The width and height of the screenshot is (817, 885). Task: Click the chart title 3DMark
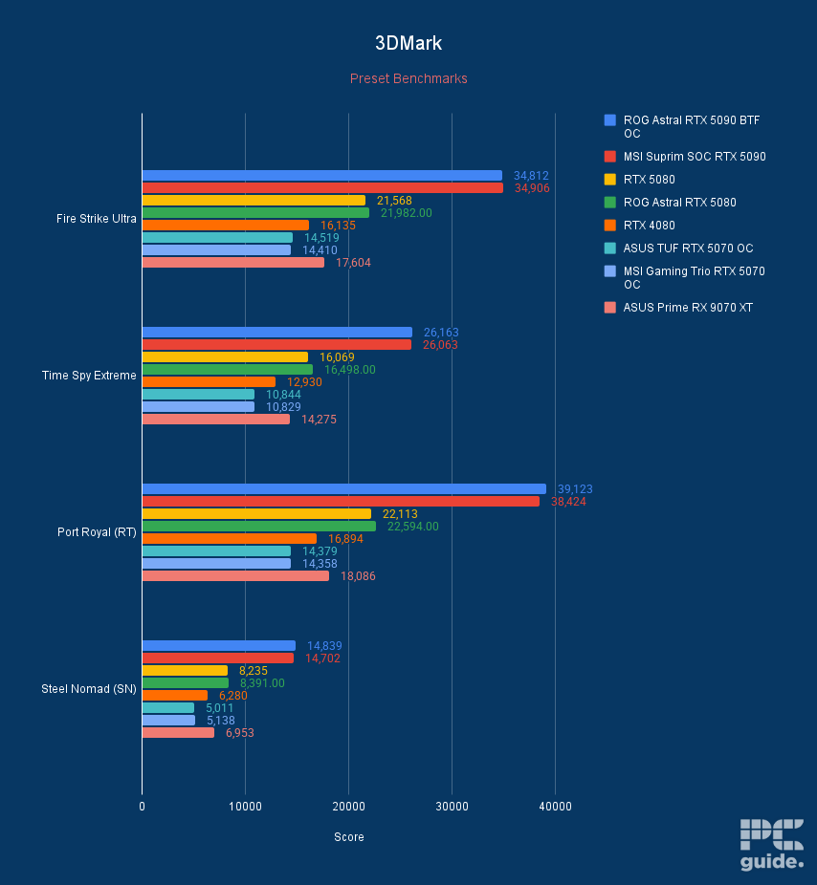click(x=408, y=44)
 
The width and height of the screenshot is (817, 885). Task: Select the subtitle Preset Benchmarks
click(x=408, y=78)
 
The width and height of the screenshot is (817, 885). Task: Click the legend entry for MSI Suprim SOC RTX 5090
click(x=694, y=157)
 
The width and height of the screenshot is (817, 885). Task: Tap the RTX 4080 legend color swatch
click(x=609, y=226)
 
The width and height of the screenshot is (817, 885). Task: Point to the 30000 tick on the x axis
click(x=453, y=807)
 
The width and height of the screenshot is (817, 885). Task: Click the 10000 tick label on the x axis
click(x=245, y=807)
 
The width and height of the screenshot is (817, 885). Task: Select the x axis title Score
click(x=348, y=837)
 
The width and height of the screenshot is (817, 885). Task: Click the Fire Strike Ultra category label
click(x=97, y=219)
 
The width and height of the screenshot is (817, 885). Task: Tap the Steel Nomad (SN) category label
click(x=89, y=689)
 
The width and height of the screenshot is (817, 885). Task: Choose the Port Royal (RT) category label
click(x=97, y=532)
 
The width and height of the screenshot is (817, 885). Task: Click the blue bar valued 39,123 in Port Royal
click(x=343, y=489)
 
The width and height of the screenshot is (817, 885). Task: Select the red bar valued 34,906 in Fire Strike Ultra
click(x=322, y=188)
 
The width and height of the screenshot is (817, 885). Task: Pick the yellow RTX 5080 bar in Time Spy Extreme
click(x=225, y=357)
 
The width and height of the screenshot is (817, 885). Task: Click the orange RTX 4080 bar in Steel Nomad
click(x=174, y=696)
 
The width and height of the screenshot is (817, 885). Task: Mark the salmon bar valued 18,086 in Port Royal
click(x=235, y=576)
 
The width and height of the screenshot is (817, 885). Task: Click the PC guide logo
click(x=771, y=845)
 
